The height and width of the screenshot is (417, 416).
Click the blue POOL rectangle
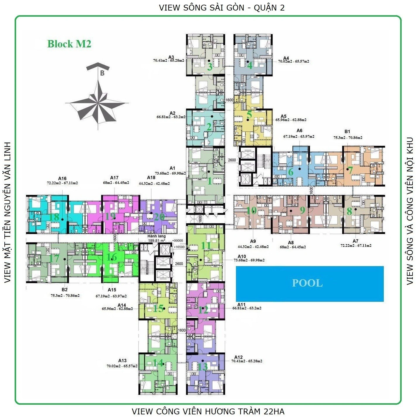coord(310,283)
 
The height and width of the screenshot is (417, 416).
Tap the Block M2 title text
coord(69,44)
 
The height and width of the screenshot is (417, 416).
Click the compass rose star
coord(97,103)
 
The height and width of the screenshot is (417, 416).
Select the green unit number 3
coord(210,67)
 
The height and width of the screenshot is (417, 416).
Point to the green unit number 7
coord(350,170)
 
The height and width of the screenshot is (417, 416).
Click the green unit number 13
coord(203,367)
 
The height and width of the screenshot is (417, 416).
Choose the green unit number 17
coord(55,259)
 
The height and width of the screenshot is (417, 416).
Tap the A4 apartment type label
coord(286,58)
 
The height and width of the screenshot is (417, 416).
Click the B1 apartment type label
coord(347,132)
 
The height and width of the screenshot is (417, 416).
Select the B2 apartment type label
coord(65,290)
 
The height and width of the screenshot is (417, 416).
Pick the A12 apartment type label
coord(239,357)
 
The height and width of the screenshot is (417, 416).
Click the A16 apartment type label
coord(62,178)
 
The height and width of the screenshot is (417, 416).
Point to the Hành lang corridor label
coord(156,236)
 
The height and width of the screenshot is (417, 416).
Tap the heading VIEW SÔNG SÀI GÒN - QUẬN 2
coord(222,8)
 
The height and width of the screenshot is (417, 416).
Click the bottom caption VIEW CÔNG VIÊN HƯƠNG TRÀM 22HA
coord(208,411)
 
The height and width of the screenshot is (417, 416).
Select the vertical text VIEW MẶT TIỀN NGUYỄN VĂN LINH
coord(7,212)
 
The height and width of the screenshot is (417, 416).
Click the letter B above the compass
coord(102,73)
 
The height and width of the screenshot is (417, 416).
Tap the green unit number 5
coord(249,115)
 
